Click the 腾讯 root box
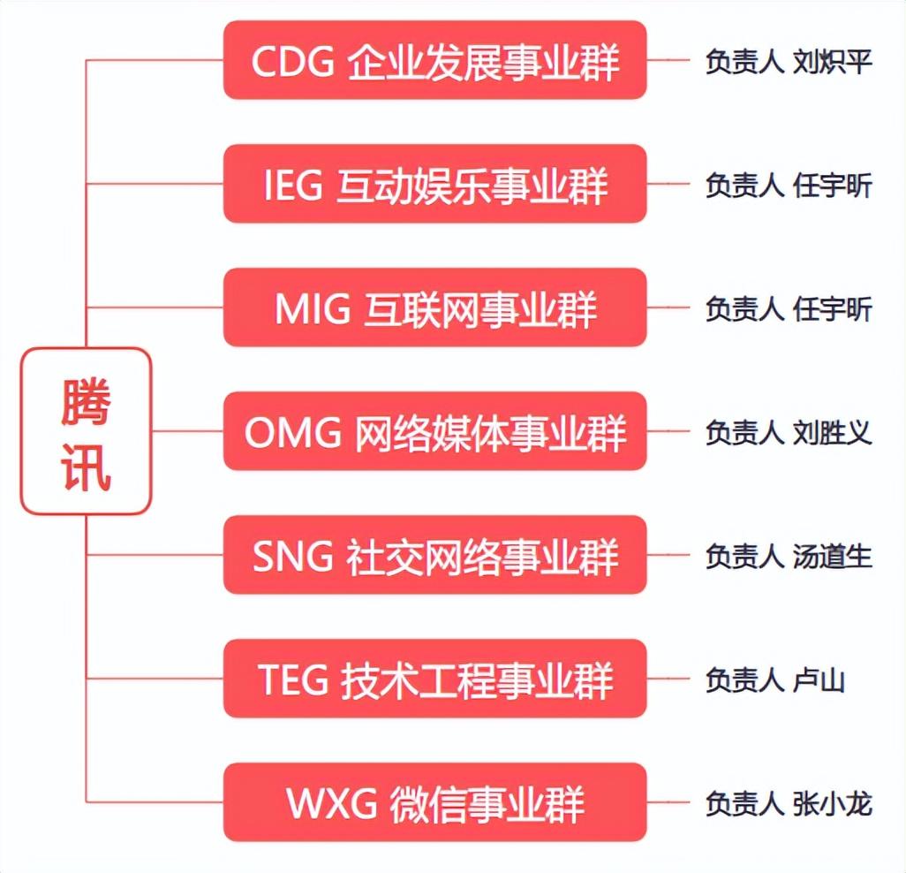[87, 431]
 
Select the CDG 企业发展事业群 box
[434, 61]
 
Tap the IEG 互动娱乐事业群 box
[434, 185]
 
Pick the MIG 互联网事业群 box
[434, 308]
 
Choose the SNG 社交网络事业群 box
[434, 556]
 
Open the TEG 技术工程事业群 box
[434, 679]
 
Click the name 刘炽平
[833, 62]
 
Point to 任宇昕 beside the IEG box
[833, 186]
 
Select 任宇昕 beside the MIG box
[833, 309]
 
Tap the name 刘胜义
[833, 433]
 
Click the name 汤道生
[833, 556]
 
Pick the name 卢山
[819, 679]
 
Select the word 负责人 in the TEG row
[744, 679]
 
